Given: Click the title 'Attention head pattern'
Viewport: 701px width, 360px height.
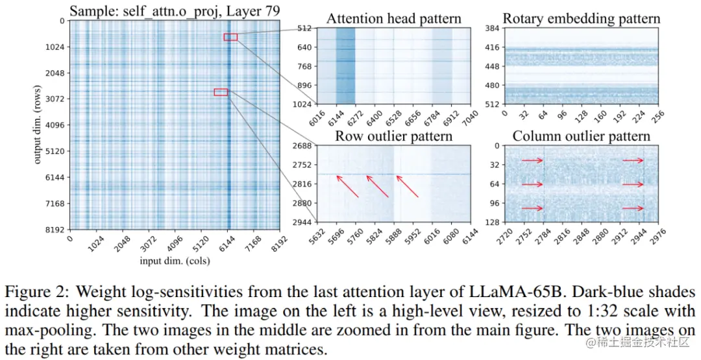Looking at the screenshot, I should [393, 19].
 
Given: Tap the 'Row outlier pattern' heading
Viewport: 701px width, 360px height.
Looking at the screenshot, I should [393, 136].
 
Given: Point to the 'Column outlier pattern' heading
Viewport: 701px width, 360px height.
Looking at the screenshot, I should [581, 136].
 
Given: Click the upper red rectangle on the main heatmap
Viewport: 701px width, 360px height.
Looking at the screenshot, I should [230, 37].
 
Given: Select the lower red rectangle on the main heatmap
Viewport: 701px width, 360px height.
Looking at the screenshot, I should [221, 92].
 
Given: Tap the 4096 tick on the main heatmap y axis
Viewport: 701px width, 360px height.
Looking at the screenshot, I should [54, 125].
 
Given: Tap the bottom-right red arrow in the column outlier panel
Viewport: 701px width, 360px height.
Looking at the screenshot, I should [633, 208].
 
